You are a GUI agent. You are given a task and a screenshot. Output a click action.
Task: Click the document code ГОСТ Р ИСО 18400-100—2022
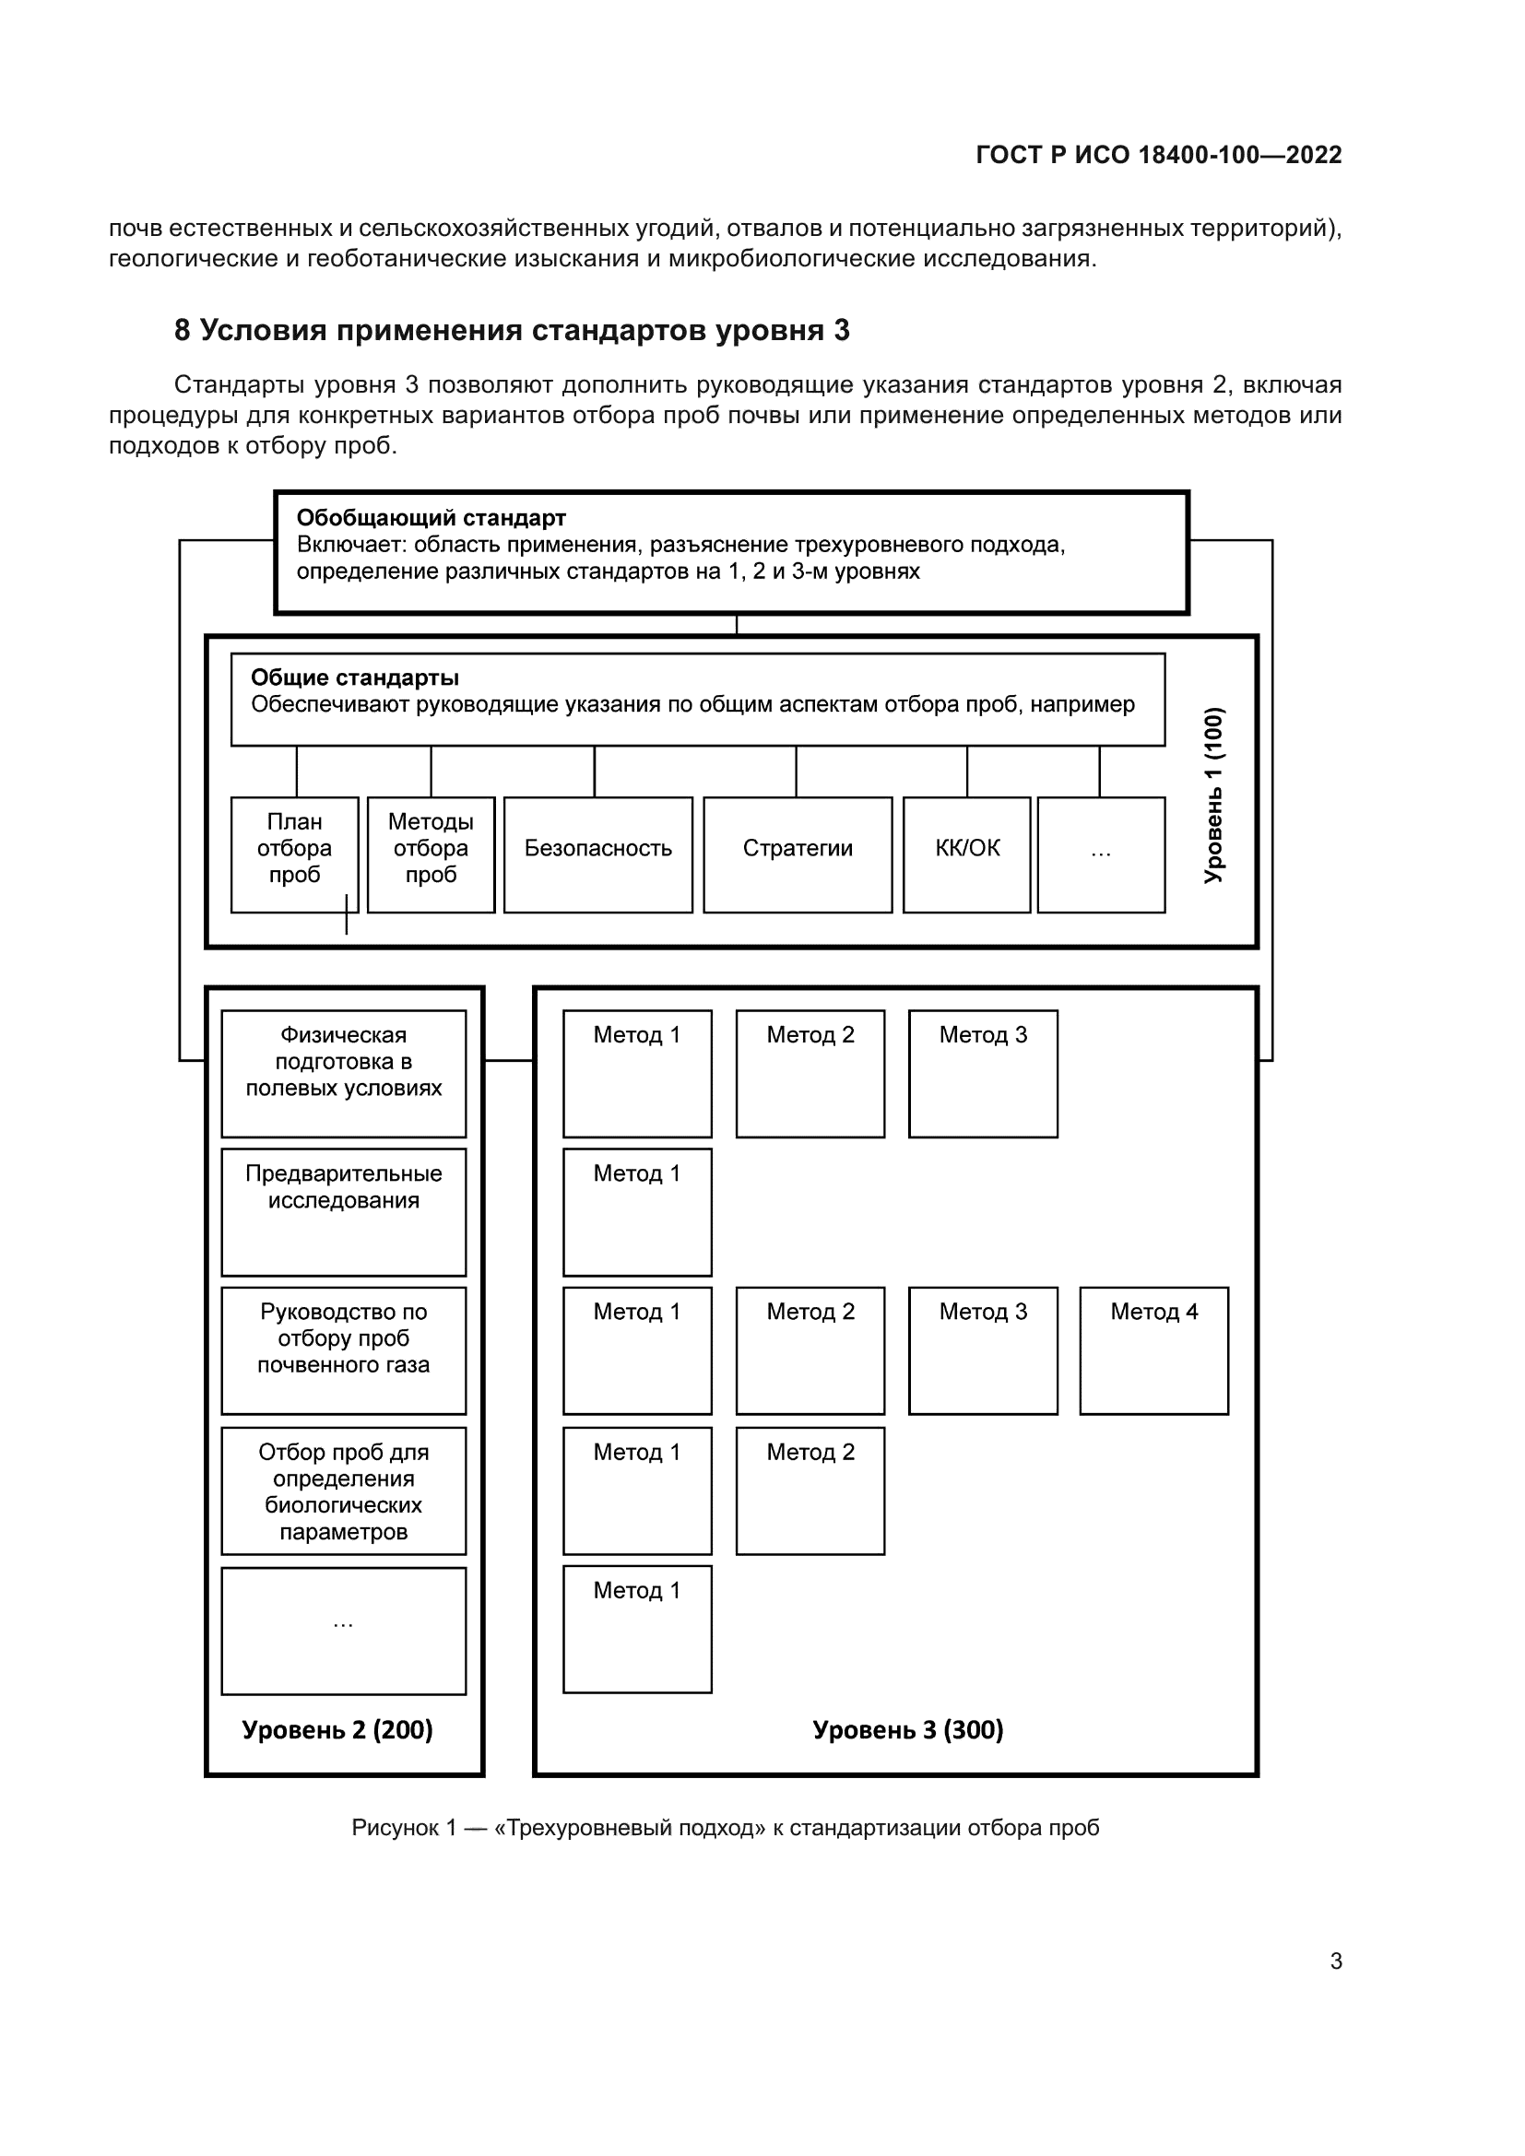coord(1158,155)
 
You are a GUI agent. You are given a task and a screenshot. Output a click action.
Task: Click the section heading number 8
coord(183,331)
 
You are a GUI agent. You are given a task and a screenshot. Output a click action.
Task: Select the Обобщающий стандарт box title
coord(431,517)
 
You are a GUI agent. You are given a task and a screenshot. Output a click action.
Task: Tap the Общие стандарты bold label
coord(354,677)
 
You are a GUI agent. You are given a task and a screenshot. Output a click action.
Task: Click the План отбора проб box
coord(294,854)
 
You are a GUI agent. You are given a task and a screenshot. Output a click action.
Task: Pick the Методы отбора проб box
coord(431,854)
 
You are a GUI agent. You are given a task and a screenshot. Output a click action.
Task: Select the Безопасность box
coord(598,854)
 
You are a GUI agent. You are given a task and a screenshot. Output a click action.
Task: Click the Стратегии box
coord(798,854)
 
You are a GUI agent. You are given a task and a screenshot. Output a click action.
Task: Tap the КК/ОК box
coord(966,854)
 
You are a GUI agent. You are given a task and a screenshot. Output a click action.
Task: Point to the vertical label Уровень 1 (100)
coord(1213,795)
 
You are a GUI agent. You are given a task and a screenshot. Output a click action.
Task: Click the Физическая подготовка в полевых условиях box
coord(344,1072)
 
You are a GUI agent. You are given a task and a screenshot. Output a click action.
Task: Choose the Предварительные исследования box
coord(344,1211)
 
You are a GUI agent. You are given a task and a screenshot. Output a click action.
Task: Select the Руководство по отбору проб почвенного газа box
coord(344,1350)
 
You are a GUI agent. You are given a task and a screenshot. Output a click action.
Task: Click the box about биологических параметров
coord(344,1490)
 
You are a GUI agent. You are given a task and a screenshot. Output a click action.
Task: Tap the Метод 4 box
coord(1153,1350)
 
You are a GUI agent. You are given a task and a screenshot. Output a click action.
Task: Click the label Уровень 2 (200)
coord(337,1728)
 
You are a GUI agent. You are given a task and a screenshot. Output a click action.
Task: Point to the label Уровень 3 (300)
coord(907,1728)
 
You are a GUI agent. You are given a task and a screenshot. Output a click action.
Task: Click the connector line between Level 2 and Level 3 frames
coord(509,1061)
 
